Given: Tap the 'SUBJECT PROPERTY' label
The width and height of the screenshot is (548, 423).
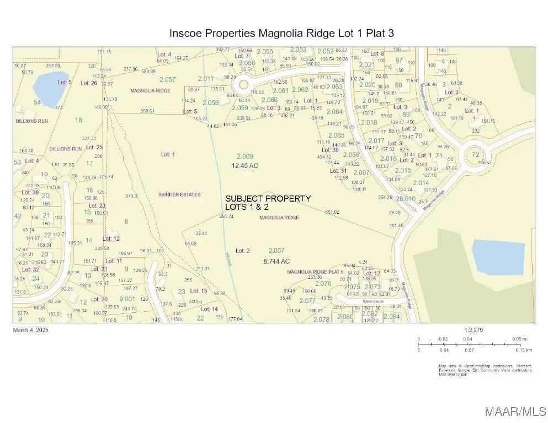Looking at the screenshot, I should (x=268, y=198).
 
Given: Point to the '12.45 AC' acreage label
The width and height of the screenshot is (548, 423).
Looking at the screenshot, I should (x=244, y=165).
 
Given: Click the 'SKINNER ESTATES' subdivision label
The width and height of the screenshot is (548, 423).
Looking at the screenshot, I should (x=179, y=194).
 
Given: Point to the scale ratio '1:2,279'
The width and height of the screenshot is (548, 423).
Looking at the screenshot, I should (x=474, y=330).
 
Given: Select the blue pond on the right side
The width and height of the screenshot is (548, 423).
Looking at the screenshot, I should (x=498, y=257).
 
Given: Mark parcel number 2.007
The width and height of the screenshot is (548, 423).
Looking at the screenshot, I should (x=276, y=251).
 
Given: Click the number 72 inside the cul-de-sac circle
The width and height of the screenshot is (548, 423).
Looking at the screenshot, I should (x=476, y=155).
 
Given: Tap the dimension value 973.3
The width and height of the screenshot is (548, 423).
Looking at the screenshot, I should (x=131, y=196).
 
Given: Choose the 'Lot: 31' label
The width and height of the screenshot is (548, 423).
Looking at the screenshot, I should (x=338, y=171).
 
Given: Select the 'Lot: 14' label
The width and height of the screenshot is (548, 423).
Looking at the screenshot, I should (x=209, y=309).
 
